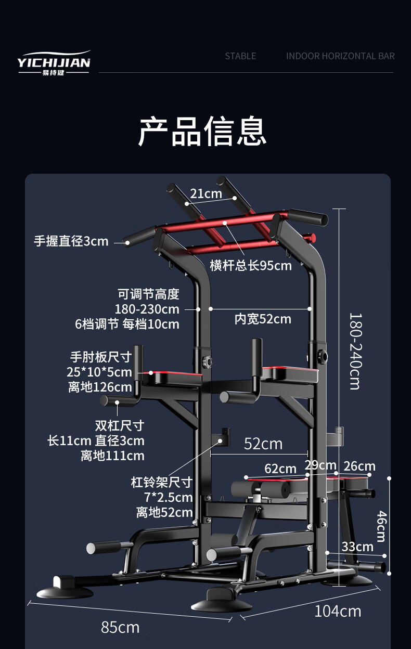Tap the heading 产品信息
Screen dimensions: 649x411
tap(202, 131)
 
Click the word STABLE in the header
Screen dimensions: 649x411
tap(240, 56)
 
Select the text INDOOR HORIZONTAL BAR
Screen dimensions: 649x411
tap(340, 56)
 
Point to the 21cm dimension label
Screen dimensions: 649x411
tap(205, 194)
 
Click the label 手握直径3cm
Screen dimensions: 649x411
tap(71, 241)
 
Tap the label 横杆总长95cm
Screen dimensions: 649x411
tap(251, 266)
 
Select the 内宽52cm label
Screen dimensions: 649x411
tap(263, 319)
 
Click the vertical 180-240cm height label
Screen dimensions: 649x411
tap(354, 351)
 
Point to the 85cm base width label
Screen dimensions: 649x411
tap(120, 628)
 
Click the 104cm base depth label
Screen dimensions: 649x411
tap(337, 611)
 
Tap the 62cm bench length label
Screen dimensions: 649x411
tap(280, 469)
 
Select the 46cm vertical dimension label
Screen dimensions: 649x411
tap(381, 526)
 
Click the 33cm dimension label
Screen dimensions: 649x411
tap(357, 547)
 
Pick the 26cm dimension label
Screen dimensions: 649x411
tap(359, 466)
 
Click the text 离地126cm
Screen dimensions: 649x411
tap(100, 387)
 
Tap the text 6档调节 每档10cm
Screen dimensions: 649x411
tap(127, 324)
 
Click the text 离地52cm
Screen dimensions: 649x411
tap(164, 512)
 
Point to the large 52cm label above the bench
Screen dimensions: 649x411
tap(263, 444)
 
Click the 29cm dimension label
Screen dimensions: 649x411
tap(320, 465)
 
